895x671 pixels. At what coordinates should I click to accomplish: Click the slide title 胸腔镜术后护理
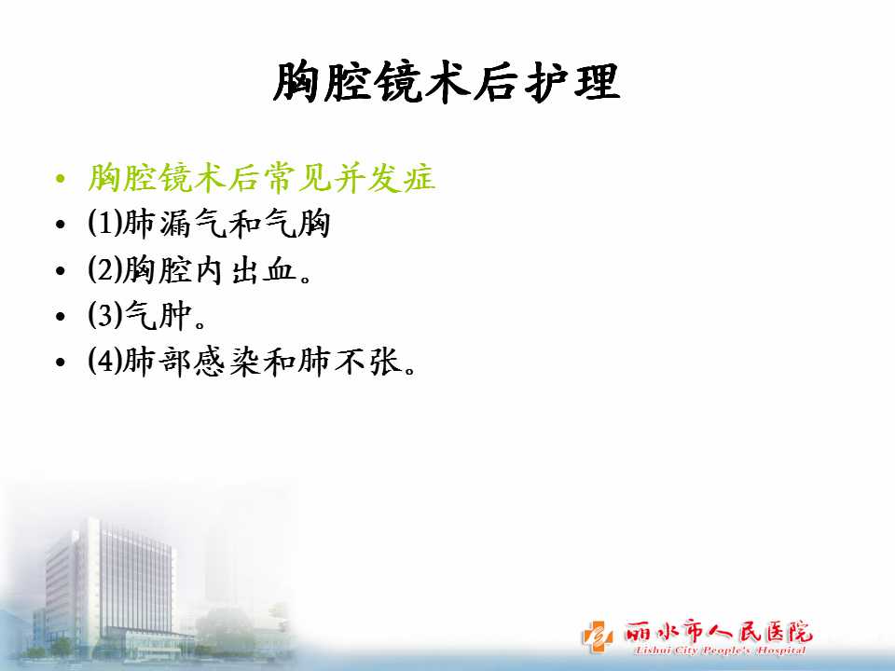pyautogui.click(x=447, y=83)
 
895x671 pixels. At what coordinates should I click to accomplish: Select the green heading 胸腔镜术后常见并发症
pyautogui.click(x=261, y=177)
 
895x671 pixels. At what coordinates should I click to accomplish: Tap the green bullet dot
pyautogui.click(x=61, y=179)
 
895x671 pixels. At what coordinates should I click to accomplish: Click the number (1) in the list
pyautogui.click(x=105, y=223)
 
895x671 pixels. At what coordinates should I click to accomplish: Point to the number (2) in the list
pyautogui.click(x=105, y=269)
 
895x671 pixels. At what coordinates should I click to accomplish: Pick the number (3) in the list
pyautogui.click(x=105, y=315)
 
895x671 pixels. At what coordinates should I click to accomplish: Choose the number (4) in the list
pyautogui.click(x=105, y=362)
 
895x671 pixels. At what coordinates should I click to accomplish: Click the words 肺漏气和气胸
pyautogui.click(x=227, y=223)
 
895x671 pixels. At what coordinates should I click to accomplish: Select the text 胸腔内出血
pyautogui.click(x=210, y=269)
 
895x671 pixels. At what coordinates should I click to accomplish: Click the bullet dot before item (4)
pyautogui.click(x=61, y=363)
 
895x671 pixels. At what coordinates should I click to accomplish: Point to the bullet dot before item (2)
pyautogui.click(x=61, y=270)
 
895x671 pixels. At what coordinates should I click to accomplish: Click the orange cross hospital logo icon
pyautogui.click(x=597, y=637)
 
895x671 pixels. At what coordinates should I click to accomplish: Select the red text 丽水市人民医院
pyautogui.click(x=718, y=632)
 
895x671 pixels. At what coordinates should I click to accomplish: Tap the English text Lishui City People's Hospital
pyautogui.click(x=720, y=650)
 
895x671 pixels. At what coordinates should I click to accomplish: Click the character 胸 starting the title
pyautogui.click(x=296, y=83)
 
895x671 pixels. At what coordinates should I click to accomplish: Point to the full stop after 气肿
pyautogui.click(x=200, y=324)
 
